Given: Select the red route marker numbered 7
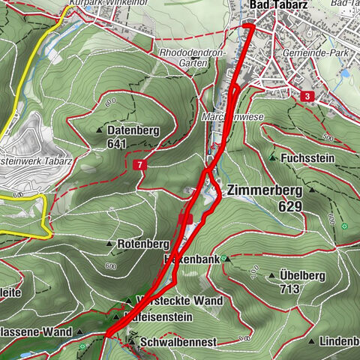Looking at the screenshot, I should (139, 163).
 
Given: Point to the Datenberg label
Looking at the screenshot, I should (133, 130).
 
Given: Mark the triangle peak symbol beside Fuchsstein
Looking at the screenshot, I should (273, 158).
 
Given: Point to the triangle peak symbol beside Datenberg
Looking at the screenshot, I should (99, 130).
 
